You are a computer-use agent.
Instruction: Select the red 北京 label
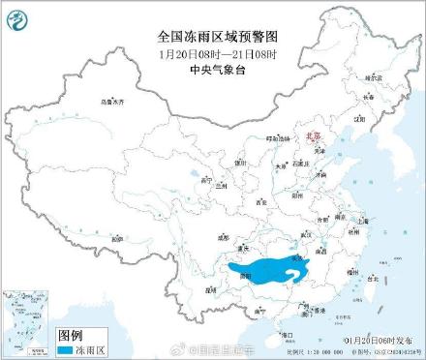[x=311, y=138]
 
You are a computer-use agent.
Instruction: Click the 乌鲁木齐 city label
[x=112, y=101]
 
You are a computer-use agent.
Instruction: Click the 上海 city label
[x=362, y=221]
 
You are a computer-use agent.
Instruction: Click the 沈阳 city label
[x=359, y=119]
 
